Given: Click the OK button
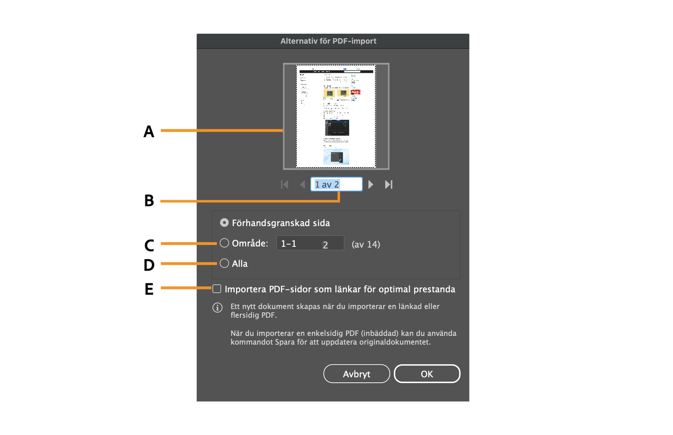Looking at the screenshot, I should tap(427, 374).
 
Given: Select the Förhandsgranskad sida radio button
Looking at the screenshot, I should tap(224, 223).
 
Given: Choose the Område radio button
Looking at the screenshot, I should tap(224, 243).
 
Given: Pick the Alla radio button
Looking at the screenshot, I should tap(224, 263).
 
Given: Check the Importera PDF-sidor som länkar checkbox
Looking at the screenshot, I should tap(217, 289).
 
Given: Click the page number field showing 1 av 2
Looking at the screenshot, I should tap(336, 185).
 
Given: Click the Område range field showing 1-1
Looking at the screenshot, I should tap(310, 243).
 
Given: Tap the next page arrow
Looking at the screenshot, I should tap(371, 185).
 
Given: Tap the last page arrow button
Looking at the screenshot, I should tap(388, 185).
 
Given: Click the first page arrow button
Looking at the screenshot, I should tap(285, 185).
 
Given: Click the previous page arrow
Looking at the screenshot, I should tap(302, 185).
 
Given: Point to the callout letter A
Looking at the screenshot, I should tap(149, 132).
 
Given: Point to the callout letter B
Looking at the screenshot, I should tap(149, 201).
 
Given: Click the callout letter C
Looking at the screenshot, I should tap(149, 245).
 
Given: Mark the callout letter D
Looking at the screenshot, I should tap(149, 265).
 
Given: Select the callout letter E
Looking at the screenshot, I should tap(149, 289).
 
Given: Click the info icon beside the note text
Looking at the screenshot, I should tap(217, 308).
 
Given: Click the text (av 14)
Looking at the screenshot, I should tap(366, 244).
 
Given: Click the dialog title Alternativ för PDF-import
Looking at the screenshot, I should tap(328, 41).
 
